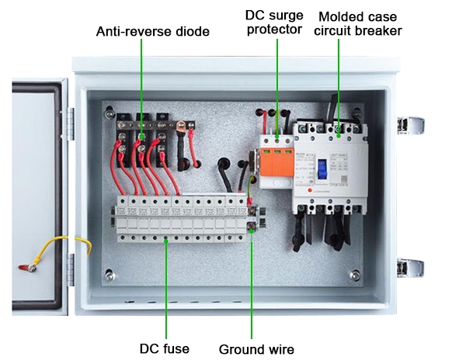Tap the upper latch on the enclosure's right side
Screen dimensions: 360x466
(411, 126)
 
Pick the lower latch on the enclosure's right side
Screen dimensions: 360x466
(411, 268)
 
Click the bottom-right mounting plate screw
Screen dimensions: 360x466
(355, 275)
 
